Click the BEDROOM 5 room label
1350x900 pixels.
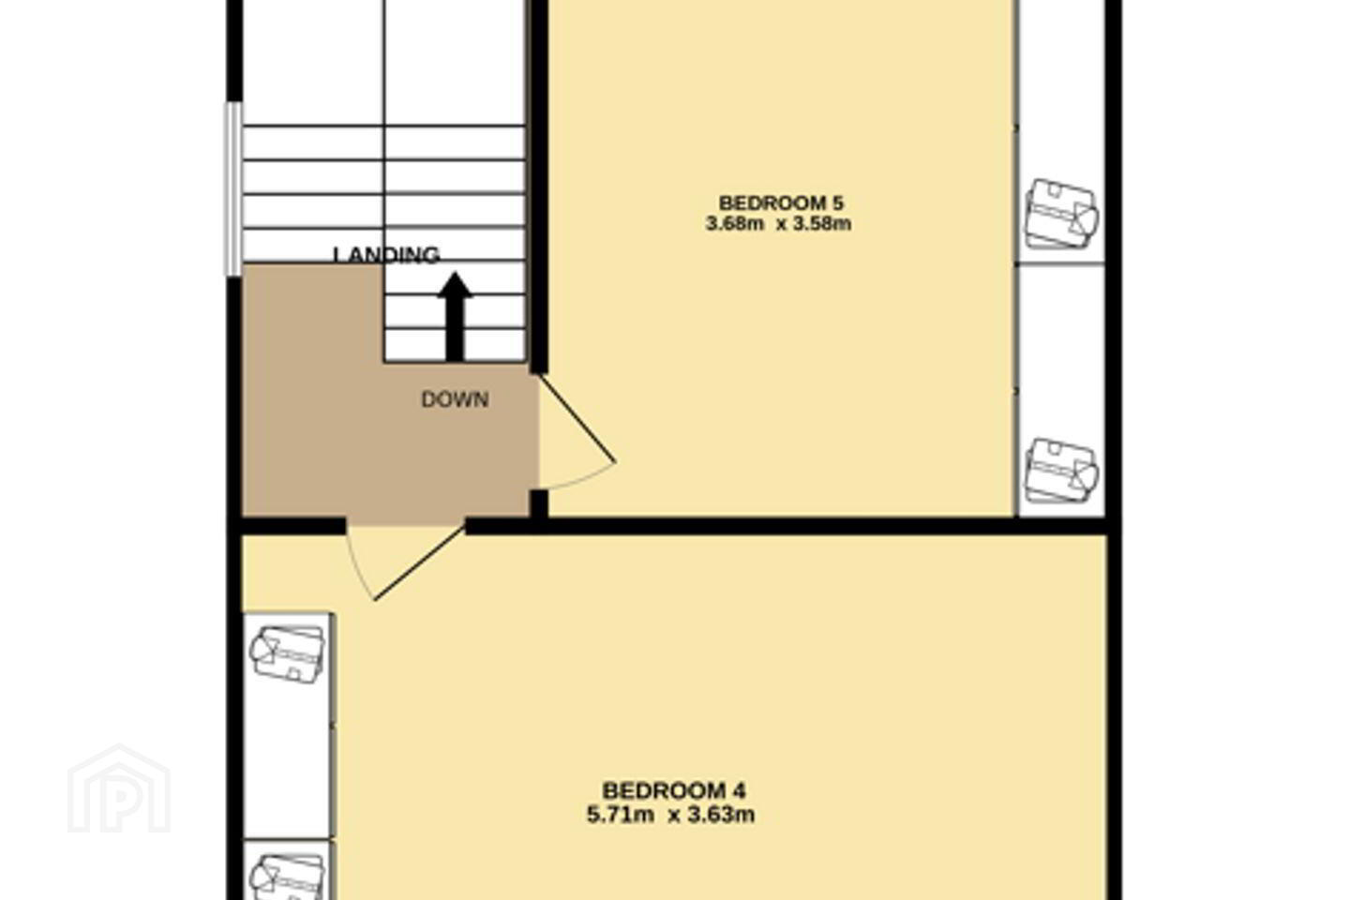pos(780,202)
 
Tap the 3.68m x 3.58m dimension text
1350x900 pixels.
pos(779,224)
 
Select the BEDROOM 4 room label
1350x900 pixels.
pos(674,790)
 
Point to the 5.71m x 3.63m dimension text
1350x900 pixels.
pos(671,816)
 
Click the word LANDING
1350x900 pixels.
pos(386,255)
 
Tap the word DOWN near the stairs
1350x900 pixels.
pos(455,399)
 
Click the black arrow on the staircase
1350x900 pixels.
pos(455,317)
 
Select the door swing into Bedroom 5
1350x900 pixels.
pos(577,431)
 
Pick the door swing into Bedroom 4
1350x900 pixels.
pos(405,563)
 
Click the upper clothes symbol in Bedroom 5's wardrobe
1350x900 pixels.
pos(1062,214)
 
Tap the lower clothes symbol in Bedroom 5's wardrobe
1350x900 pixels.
pos(1062,471)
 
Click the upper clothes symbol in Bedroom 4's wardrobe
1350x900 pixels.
pos(288,654)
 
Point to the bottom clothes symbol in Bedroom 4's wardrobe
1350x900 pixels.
pos(288,877)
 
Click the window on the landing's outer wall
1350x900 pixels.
pos(233,189)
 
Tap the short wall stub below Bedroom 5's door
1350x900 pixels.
pos(539,504)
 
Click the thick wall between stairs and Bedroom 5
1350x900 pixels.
pos(539,187)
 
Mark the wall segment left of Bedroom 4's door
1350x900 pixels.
pos(294,526)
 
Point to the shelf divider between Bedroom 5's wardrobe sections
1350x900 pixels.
pos(1060,263)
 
